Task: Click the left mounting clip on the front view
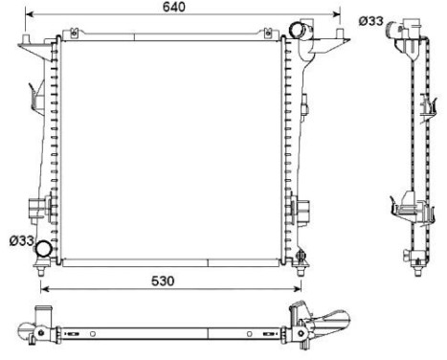pos(38,207)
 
